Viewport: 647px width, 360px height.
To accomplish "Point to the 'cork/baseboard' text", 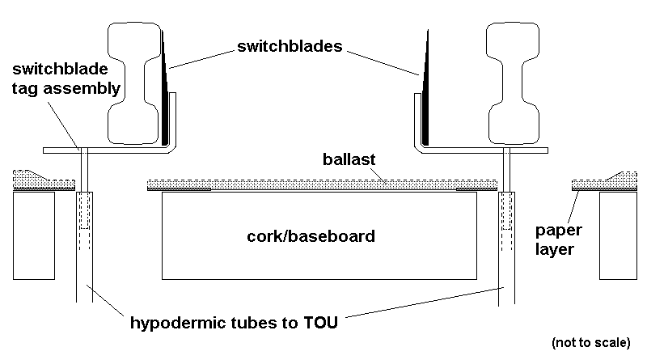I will pyautogui.click(x=311, y=237).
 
